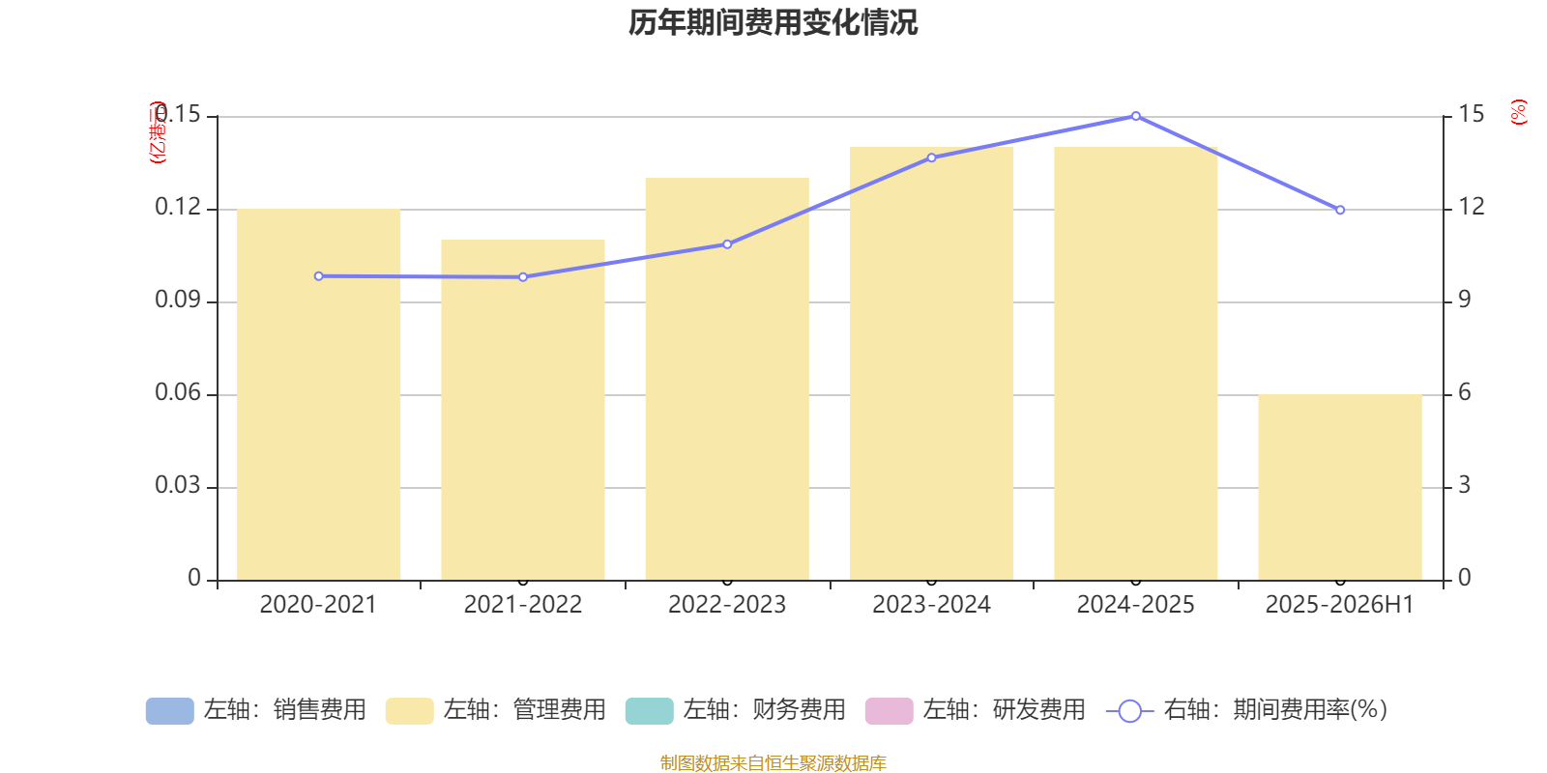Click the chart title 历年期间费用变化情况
point(773,22)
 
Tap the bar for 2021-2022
point(523,410)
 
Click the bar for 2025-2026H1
point(1340,487)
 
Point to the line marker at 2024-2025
point(1136,116)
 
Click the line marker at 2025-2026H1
point(1340,210)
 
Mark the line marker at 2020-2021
point(319,276)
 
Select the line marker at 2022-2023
point(727,244)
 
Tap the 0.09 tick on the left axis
point(178,301)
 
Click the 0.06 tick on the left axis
point(178,393)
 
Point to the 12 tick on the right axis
point(1472,207)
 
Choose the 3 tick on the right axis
point(1465,485)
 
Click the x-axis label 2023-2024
point(931,605)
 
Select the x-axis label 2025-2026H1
point(1339,605)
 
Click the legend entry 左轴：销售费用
point(256,710)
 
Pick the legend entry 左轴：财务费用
point(736,710)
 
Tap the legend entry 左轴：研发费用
point(976,710)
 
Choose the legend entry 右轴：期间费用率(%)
point(1247,710)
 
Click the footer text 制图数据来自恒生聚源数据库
point(773,763)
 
